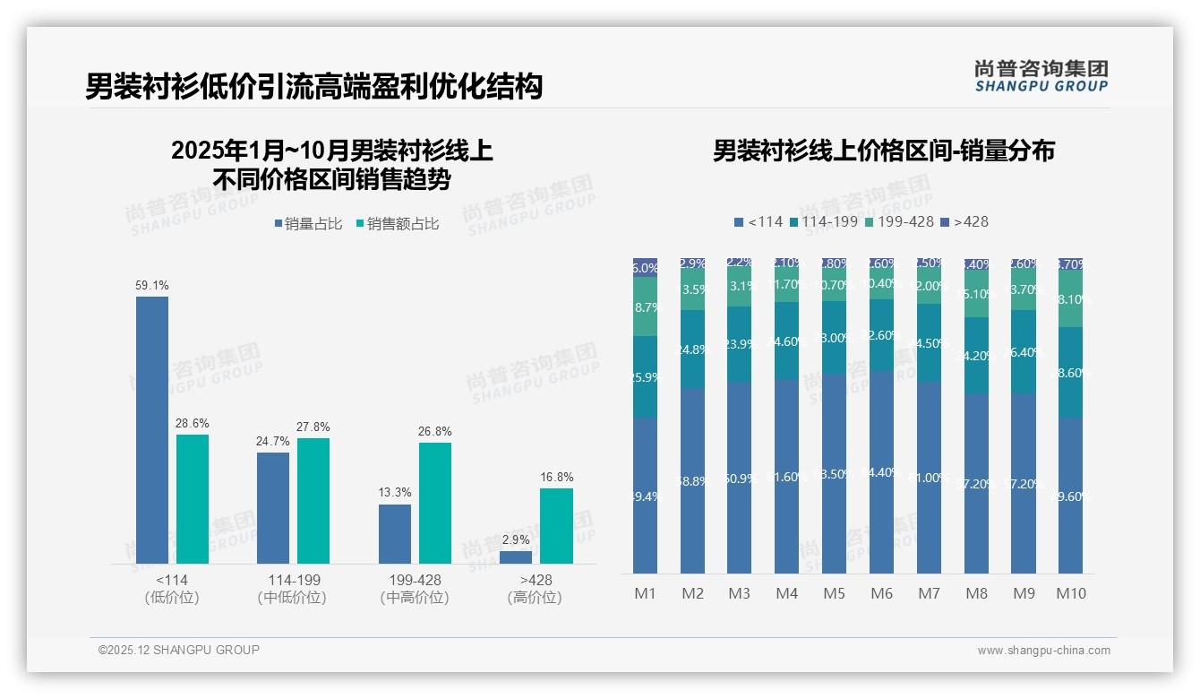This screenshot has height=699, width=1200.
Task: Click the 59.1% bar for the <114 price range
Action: [x=152, y=430]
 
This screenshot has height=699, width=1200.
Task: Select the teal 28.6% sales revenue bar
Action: [x=193, y=499]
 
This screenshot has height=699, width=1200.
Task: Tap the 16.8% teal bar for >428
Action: [x=556, y=526]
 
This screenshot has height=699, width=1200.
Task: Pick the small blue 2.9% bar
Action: [x=516, y=557]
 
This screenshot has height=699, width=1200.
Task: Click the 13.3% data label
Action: [x=395, y=493]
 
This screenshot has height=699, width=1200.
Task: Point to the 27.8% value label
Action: [x=313, y=427]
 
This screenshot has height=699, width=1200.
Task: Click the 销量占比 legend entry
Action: [x=309, y=224]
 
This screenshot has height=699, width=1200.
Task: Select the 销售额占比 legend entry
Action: [x=399, y=224]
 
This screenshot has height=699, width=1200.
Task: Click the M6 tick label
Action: [x=881, y=593]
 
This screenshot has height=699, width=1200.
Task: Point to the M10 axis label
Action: [x=1070, y=593]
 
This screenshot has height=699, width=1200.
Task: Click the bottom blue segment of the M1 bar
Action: [x=645, y=496]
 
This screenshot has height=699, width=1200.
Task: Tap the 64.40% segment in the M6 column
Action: [x=881, y=472]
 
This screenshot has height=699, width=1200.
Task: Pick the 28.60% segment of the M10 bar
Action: [x=1071, y=373]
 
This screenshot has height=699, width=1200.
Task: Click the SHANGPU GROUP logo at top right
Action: [x=1041, y=76]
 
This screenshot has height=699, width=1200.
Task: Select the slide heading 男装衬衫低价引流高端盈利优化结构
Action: [x=313, y=86]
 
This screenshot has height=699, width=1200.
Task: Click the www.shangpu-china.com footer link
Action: [x=1043, y=651]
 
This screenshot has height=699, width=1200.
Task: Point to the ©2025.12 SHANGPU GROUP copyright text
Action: [x=179, y=650]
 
